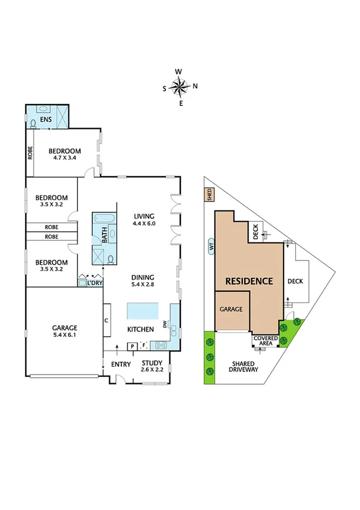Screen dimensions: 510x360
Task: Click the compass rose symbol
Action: coord(179,87)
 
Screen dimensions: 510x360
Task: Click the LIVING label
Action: coord(144,216)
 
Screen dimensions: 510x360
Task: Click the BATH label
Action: coord(105,238)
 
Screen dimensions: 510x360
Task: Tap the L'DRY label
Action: coord(94,282)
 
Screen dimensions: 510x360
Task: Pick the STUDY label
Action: coord(151,363)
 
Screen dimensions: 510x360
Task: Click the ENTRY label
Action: coord(121,364)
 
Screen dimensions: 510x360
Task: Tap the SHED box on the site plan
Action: coord(209,194)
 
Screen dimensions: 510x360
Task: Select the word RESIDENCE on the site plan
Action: coord(249,281)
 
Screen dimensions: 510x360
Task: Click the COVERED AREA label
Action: coord(266,342)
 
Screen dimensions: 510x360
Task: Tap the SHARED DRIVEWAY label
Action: coord(243,367)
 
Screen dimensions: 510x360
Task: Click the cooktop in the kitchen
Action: coord(162,345)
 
